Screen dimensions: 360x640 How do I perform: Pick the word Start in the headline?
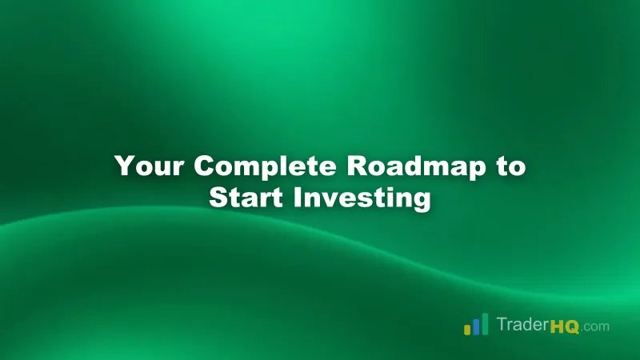[x=243, y=197]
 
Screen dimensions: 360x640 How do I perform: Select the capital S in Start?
[x=218, y=197]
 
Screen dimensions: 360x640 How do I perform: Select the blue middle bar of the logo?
[x=475, y=326]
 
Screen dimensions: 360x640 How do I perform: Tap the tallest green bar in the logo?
[x=484, y=323]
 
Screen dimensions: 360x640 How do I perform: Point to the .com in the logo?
[x=595, y=327]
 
